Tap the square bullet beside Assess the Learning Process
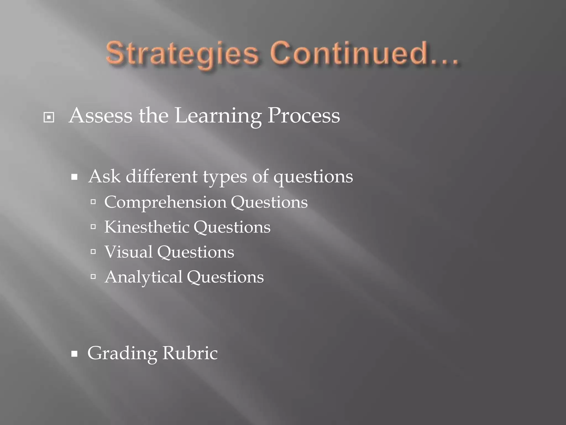coord(49,118)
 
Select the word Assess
coord(101,115)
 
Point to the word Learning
coord(218,116)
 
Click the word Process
coord(303,115)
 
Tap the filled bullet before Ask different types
coord(74,177)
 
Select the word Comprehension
coord(165,203)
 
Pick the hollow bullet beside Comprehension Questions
coord(93,202)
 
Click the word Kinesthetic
coord(146,227)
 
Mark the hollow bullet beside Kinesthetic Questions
coord(93,227)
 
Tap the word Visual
coord(129,252)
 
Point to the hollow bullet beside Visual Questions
coord(93,252)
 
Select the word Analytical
coord(143,277)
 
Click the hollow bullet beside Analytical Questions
coord(93,277)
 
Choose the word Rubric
coord(190,353)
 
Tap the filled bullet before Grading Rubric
coord(74,354)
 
